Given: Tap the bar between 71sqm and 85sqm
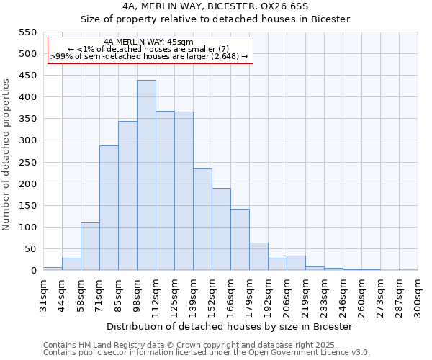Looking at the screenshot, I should [109, 208].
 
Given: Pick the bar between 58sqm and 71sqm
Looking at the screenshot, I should [90, 246].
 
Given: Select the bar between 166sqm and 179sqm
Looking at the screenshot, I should [240, 240].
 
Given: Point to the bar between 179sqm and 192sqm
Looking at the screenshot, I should [258, 256].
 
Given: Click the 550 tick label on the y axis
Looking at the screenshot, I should [27, 32].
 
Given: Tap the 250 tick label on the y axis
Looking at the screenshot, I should [27, 163].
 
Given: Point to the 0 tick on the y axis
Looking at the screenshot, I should [33, 271].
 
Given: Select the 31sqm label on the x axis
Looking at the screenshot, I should [44, 294].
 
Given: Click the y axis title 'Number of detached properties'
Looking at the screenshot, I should [7, 155].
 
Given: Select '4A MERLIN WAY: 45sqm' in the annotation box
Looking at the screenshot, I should [148, 42].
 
